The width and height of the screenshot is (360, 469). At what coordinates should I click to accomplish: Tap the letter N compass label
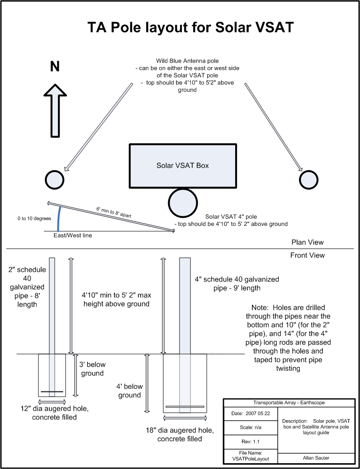pyautogui.click(x=55, y=67)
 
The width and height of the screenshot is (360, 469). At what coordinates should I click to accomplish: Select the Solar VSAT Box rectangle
pyautogui.click(x=183, y=166)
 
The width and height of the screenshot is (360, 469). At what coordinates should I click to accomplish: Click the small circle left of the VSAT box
pyautogui.click(x=55, y=180)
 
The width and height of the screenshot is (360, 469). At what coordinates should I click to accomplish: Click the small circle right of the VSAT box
pyautogui.click(x=309, y=180)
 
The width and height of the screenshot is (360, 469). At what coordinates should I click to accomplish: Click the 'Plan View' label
pyautogui.click(x=308, y=242)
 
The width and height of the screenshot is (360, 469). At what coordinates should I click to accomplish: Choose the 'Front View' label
pyautogui.click(x=308, y=255)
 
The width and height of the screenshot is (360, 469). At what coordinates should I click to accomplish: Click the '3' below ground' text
pyautogui.click(x=92, y=369)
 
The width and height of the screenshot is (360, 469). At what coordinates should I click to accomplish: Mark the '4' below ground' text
pyautogui.click(x=130, y=391)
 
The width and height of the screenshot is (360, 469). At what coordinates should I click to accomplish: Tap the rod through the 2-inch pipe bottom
pyautogui.click(x=52, y=392)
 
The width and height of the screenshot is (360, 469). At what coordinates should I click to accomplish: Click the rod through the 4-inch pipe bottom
pyautogui.click(x=185, y=406)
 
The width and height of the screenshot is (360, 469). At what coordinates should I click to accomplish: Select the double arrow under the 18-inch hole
pyautogui.click(x=185, y=417)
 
